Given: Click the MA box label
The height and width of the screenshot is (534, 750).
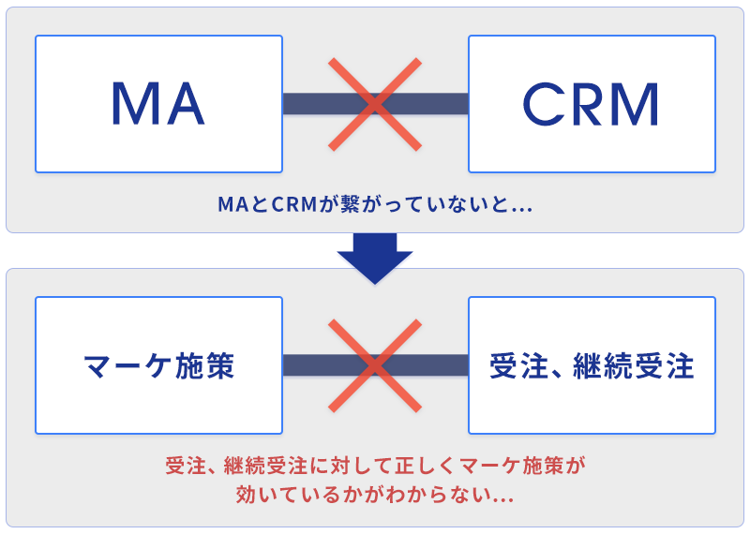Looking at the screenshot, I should click(157, 103).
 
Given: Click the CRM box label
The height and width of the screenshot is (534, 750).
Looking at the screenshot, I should click(592, 103).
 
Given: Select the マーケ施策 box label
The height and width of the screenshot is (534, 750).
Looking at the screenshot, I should click(158, 365).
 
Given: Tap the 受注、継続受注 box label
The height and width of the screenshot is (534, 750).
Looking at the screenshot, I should click(592, 365).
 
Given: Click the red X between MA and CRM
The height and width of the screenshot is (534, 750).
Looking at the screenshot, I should click(375, 103).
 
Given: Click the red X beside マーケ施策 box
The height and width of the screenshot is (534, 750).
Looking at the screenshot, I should click(375, 365).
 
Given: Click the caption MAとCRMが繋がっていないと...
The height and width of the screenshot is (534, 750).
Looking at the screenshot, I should click(375, 203).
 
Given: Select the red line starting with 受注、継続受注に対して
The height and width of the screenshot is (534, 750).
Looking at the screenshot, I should click(375, 465).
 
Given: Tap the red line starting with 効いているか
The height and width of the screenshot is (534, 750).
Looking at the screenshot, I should click(375, 494).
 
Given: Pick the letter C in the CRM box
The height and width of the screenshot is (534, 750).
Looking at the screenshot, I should click(542, 103).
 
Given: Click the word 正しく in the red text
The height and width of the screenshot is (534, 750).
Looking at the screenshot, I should click(416, 465).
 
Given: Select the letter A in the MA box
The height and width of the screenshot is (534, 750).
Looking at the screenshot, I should click(184, 103).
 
